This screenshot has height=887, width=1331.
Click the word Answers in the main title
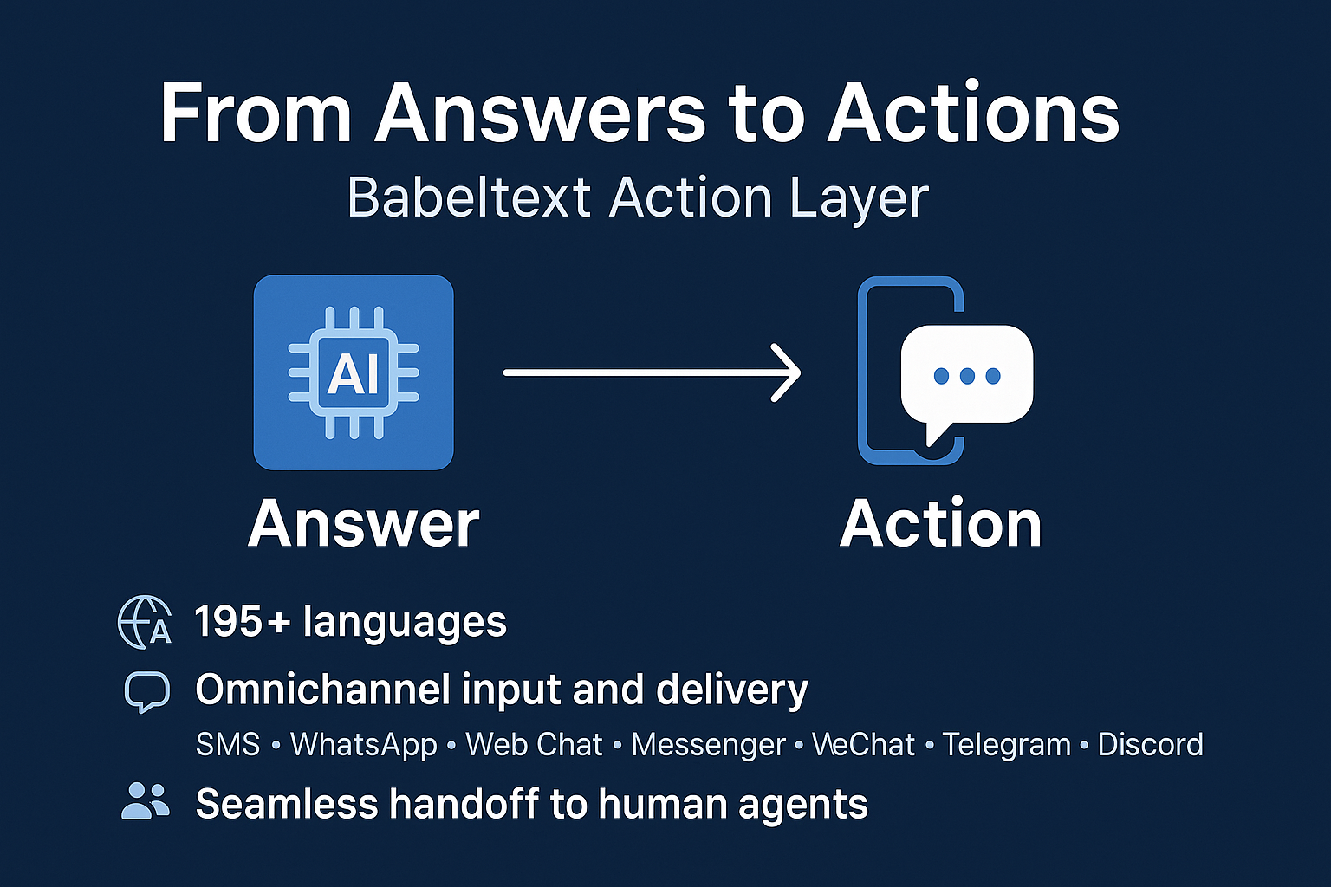(540, 113)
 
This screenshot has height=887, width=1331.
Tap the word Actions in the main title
(973, 113)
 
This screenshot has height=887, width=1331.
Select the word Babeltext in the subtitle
(469, 197)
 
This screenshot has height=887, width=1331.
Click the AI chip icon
(354, 372)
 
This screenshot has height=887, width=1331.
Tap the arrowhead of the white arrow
(787, 373)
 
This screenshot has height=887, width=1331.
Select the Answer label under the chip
(364, 524)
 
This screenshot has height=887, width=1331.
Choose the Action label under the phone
(941, 524)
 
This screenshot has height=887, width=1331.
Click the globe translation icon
(144, 622)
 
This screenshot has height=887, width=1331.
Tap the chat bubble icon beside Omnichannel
(146, 691)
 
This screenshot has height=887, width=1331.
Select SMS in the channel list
(228, 745)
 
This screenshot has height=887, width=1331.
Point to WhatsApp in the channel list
(364, 745)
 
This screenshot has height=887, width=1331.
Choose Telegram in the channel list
(1006, 745)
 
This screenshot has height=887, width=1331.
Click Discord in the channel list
(1150, 745)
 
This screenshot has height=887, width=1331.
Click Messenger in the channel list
(708, 745)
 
